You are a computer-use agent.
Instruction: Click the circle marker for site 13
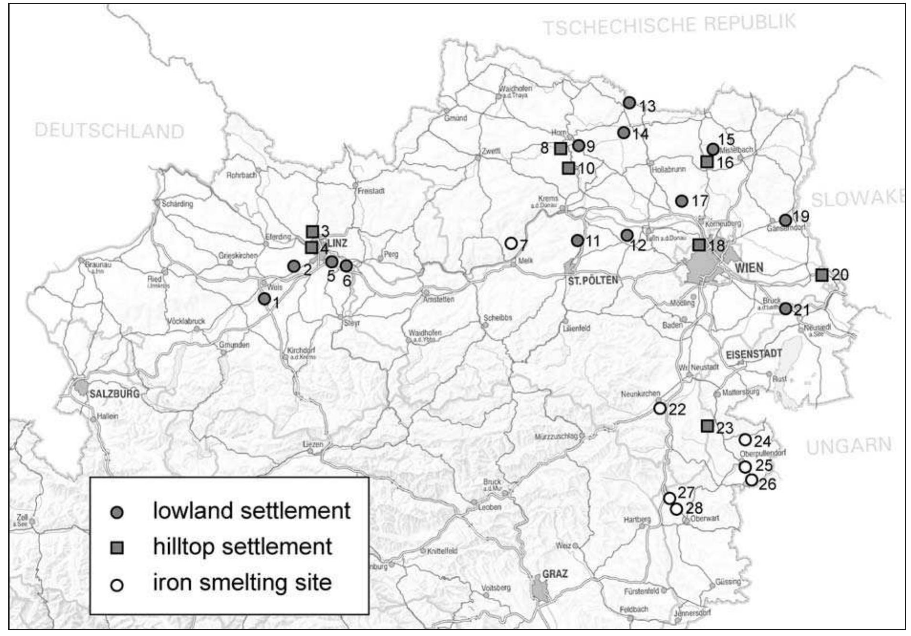[629, 103]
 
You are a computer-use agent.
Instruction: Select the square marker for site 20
[822, 275]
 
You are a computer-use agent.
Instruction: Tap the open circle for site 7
[511, 244]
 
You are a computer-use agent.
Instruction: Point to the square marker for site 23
[707, 426]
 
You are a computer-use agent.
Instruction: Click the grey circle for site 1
[264, 299]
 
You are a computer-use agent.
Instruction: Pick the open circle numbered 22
[660, 408]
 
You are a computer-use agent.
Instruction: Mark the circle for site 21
[785, 309]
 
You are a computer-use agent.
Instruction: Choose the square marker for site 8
[560, 148]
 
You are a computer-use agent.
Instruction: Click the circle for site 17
[682, 201]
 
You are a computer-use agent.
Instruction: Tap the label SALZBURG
[115, 394]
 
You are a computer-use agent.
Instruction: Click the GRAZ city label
[554, 574]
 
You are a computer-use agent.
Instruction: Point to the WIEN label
[749, 267]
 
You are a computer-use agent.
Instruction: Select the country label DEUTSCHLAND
[109, 131]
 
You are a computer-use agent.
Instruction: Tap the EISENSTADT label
[754, 354]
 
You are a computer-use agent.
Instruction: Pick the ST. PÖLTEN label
[593, 280]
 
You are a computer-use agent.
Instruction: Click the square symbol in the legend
[117, 548]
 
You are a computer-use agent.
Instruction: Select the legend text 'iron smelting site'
[242, 583]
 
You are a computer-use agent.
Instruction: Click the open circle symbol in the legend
[117, 585]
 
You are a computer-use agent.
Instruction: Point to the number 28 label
[694, 508]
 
